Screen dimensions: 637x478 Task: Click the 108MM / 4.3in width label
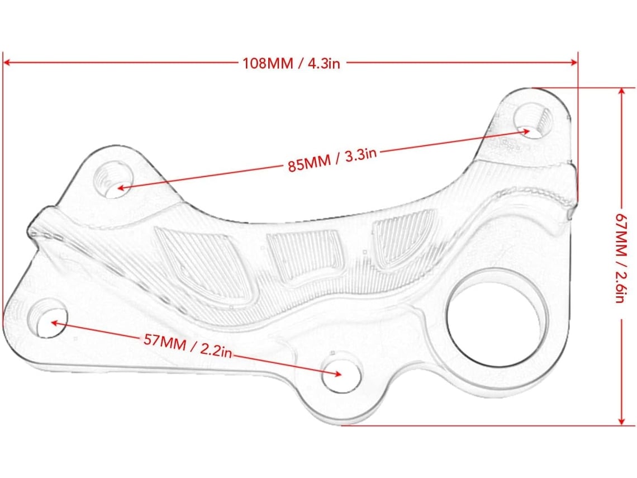(291, 63)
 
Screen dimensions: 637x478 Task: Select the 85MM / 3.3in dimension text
(332, 159)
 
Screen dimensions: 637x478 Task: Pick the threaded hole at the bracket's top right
(532, 120)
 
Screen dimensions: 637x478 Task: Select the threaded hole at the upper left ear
(114, 179)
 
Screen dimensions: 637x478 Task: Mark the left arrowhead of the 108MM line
(7, 63)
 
